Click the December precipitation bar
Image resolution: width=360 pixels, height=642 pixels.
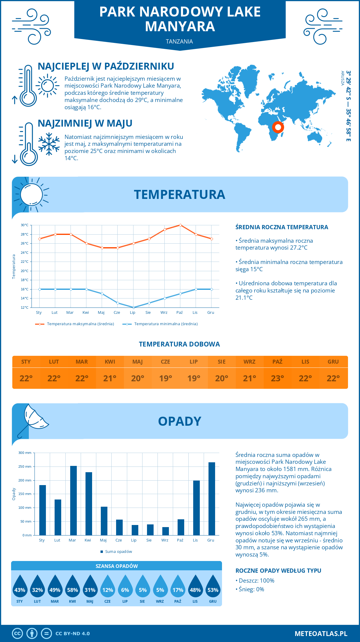click(x=212, y=499)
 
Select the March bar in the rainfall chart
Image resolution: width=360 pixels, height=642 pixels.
click(x=73, y=500)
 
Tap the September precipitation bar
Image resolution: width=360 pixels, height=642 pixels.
click(x=166, y=531)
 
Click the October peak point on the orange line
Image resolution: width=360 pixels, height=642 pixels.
click(x=180, y=225)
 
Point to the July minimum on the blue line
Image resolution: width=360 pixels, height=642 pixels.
click(x=133, y=307)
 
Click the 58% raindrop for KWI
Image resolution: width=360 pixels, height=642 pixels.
click(x=72, y=589)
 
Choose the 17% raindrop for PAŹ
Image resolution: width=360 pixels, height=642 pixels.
click(x=178, y=589)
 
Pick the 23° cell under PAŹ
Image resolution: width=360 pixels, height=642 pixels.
click(x=277, y=378)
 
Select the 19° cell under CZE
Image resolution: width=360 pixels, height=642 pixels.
click(x=166, y=378)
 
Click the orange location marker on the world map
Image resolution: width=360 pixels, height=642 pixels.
click(x=278, y=127)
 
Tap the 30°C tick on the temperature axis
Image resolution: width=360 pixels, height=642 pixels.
click(x=25, y=225)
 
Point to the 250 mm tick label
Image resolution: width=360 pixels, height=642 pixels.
click(x=25, y=466)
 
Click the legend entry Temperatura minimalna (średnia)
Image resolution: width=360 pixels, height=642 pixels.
click(x=166, y=324)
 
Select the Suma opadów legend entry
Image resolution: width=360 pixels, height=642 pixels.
click(x=118, y=552)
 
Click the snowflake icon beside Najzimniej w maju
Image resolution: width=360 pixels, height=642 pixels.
click(x=49, y=144)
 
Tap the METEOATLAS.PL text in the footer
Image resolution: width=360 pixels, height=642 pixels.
click(x=321, y=634)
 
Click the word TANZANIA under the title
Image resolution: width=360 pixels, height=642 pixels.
click(x=179, y=41)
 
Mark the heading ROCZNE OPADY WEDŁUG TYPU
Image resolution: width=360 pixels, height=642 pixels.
click(x=278, y=571)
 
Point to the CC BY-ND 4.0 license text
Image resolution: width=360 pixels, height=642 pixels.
click(x=73, y=634)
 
